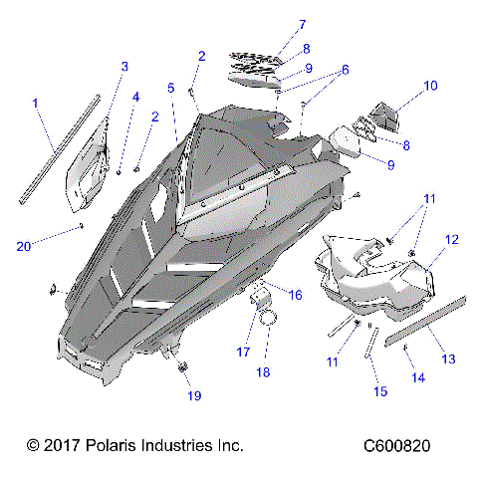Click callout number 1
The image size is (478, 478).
point(37,103)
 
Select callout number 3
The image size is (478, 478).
point(124,66)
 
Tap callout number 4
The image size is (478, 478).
point(136,97)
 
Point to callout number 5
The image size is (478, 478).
point(171,88)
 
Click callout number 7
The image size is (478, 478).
point(303,24)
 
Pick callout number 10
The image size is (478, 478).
point(430,86)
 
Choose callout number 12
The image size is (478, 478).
point(451,240)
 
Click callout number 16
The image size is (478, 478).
point(295,294)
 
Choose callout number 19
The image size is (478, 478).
point(193,395)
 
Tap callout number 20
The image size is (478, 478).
point(23,245)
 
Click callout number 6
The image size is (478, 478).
point(346,70)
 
